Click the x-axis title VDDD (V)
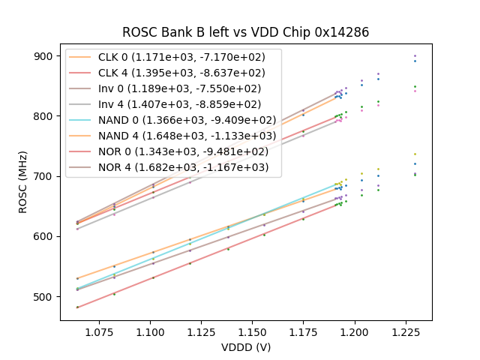click(x=246, y=347)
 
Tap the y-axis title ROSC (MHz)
click(x=22, y=181)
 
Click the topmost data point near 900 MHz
click(x=415, y=55)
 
